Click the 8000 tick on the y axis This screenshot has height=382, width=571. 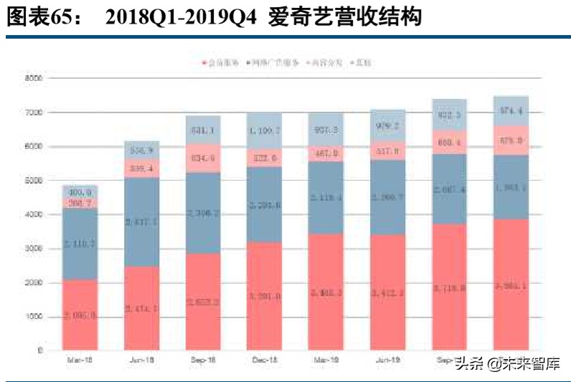point(34,78)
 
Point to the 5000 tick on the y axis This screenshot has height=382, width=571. point(34,181)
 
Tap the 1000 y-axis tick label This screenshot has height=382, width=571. point(34,317)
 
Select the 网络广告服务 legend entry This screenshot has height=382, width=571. point(272,63)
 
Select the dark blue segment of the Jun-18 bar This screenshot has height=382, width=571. point(141,221)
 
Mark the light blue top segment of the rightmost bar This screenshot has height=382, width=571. point(511,111)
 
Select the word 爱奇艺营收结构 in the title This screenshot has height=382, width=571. point(344,18)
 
